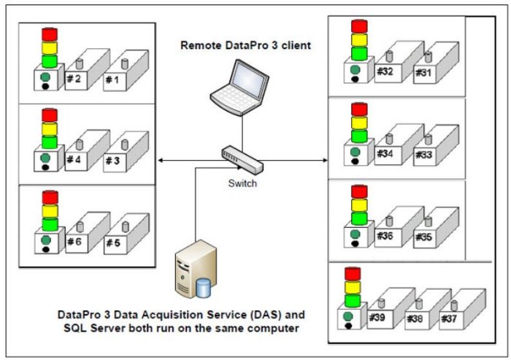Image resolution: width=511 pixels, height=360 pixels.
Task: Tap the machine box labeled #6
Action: pyautogui.click(x=78, y=241)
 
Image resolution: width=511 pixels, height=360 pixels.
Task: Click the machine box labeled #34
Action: pyautogui.click(x=386, y=153)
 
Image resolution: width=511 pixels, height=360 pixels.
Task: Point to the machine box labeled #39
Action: pyautogui.click(x=379, y=318)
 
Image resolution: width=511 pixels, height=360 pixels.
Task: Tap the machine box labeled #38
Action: pyautogui.click(x=417, y=318)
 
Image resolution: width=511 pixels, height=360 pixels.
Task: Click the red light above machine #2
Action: pyautogui.click(x=50, y=34)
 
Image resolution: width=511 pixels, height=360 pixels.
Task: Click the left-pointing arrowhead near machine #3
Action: pyautogui.click(x=162, y=160)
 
